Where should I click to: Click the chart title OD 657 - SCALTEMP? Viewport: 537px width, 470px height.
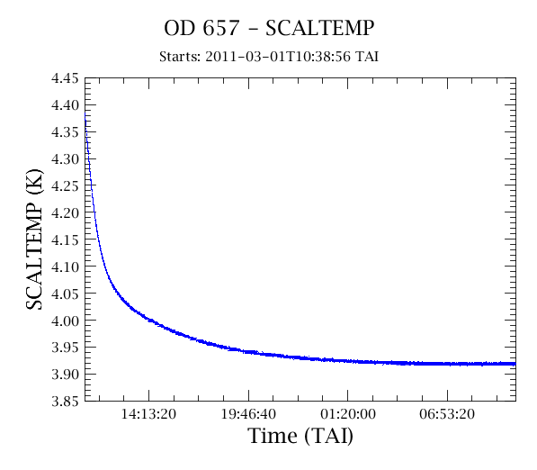[x=269, y=28]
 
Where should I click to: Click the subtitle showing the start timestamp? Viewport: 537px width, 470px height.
[x=269, y=57]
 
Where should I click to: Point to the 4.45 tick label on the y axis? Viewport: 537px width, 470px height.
[x=65, y=78]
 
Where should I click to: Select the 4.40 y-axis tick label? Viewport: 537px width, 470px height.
[x=65, y=105]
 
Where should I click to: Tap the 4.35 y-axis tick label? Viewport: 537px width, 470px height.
[x=65, y=132]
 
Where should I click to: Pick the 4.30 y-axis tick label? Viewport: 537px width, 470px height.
[x=65, y=159]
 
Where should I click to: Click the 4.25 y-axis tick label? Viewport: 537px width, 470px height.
[x=65, y=185]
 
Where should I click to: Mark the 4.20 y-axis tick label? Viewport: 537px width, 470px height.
[x=65, y=212]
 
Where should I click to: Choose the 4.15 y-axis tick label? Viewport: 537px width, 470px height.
[x=65, y=240]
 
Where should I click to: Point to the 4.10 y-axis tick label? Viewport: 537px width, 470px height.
[x=65, y=267]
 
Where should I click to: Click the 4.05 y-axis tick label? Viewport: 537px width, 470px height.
[x=65, y=294]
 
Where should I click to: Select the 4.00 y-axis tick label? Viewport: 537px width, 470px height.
[x=65, y=321]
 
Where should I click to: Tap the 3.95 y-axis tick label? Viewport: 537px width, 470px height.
[x=65, y=348]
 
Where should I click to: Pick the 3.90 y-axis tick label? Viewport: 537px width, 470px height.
[x=65, y=375]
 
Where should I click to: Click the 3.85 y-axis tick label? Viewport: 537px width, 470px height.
[x=65, y=401]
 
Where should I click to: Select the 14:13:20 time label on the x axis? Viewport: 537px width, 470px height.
[x=148, y=414]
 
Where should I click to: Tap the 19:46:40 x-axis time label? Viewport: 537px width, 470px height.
[x=248, y=414]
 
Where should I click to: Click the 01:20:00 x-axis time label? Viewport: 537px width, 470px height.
[x=348, y=414]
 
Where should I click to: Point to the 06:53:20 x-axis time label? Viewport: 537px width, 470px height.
[x=447, y=414]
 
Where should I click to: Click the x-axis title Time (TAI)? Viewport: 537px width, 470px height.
[x=300, y=437]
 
